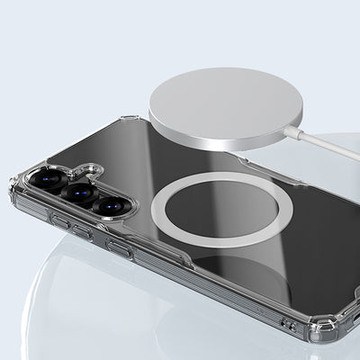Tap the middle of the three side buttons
pos(82,232)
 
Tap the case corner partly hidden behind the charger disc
pos(130,121)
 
